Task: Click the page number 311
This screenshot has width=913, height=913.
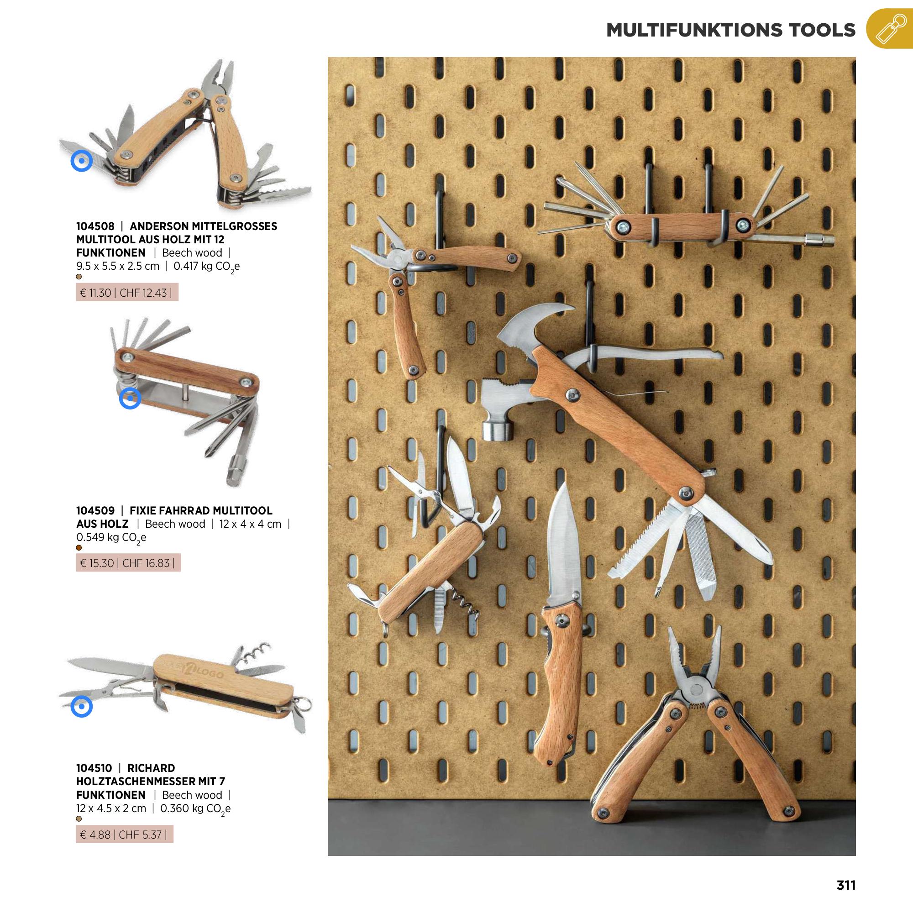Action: pos(846,885)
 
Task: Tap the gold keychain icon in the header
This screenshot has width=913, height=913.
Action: pos(889,29)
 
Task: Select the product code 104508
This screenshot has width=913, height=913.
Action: pos(95,226)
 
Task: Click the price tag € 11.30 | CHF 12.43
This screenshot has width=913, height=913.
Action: pos(126,293)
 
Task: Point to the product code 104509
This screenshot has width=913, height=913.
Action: pos(95,510)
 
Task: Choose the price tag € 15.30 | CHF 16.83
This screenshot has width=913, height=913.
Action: pos(128,563)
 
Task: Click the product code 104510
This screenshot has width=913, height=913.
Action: pos(94,768)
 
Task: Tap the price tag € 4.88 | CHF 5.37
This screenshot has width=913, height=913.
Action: pos(124,834)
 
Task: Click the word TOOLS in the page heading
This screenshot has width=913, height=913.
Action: pos(821,30)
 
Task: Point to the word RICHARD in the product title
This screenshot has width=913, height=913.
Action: pos(151,768)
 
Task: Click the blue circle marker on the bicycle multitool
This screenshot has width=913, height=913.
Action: pos(130,399)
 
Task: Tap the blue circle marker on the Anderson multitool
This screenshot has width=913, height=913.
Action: pos(81,161)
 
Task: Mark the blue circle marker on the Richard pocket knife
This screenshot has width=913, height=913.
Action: pos(81,707)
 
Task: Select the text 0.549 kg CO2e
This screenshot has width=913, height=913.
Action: pos(111,538)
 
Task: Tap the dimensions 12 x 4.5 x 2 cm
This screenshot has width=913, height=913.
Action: pos(111,808)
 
